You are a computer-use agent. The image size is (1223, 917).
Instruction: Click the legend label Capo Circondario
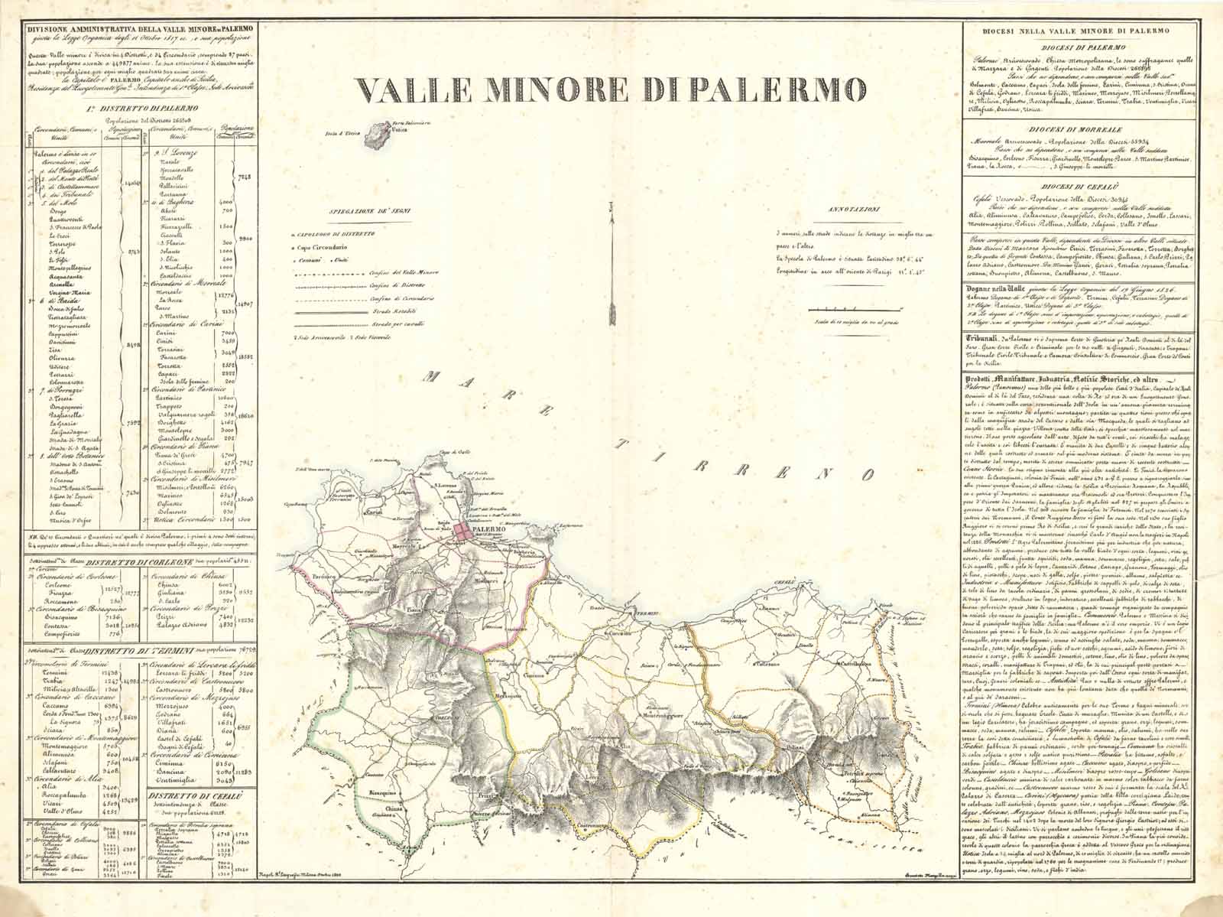tap(321, 249)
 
